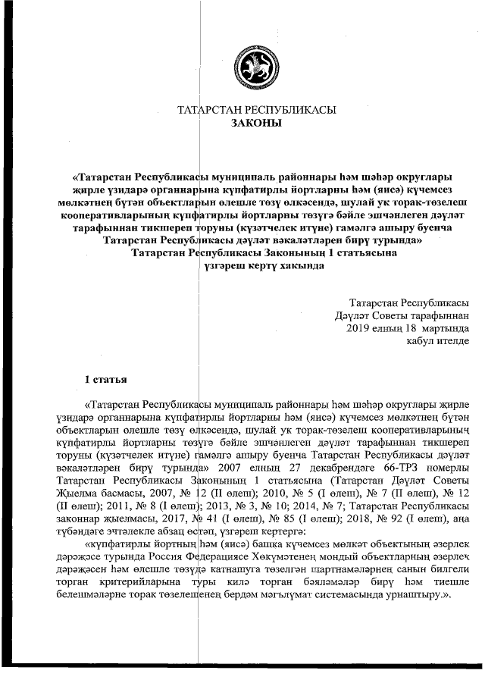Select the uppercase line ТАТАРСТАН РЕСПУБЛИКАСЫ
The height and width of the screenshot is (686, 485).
(x=256, y=111)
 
